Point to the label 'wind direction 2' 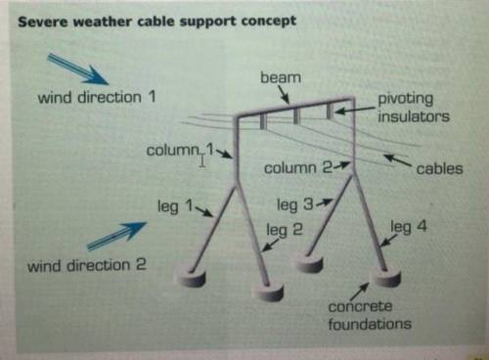coord(86,265)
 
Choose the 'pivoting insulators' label coord(415,108)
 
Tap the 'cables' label coord(439,168)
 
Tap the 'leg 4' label coord(408,227)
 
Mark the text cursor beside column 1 coord(202,159)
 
